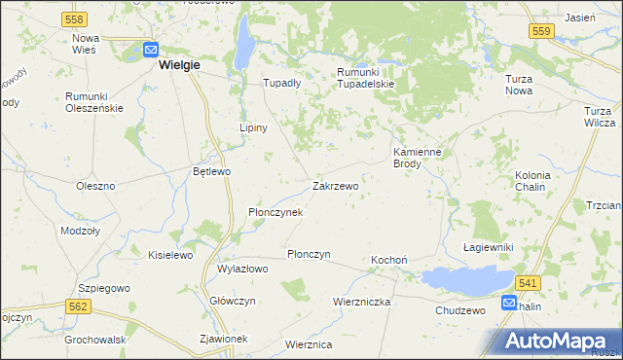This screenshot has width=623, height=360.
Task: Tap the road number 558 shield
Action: click(73, 19)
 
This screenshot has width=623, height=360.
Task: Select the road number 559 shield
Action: click(543, 31)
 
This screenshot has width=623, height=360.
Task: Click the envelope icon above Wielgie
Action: click(151, 49)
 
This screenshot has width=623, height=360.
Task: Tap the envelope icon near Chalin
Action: click(509, 304)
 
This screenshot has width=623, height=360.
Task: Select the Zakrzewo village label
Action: click(335, 185)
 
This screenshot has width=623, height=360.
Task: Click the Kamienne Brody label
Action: click(421, 158)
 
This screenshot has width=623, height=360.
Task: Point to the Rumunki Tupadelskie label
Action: click(365, 78)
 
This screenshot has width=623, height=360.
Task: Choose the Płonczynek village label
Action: click(275, 211)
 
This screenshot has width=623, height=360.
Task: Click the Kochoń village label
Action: click(388, 261)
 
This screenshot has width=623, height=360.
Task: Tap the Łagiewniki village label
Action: click(488, 248)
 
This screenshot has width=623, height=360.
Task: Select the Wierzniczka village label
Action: click(361, 302)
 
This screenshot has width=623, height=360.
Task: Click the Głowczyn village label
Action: click(233, 301)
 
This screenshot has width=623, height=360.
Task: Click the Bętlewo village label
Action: click(211, 171)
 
